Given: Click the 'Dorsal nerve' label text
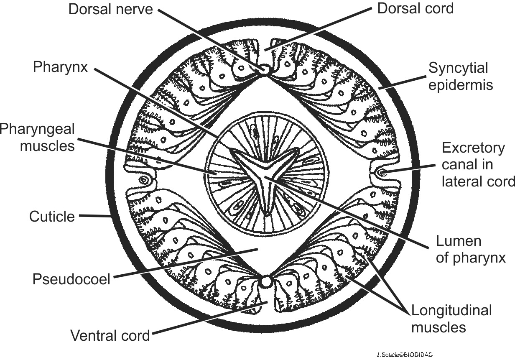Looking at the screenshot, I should [111, 10].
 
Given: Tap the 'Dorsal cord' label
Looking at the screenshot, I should [415, 9].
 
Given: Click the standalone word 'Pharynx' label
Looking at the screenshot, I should [61, 67].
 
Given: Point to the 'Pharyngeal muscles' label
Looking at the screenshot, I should [38, 137].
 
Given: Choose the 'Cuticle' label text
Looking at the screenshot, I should [52, 217].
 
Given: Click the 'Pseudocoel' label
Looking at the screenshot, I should [71, 279].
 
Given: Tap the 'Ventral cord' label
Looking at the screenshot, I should [110, 335].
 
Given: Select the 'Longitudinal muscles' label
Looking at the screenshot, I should [451, 319].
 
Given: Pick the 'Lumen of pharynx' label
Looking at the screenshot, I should [471, 250].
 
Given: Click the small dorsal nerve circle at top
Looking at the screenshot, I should [265, 70].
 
